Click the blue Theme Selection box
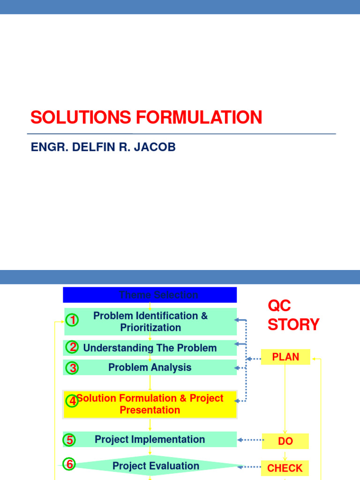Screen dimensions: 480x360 click(150, 295)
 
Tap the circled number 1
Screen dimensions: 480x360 click(72, 320)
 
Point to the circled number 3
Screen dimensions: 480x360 click(72, 368)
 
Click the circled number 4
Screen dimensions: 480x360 click(72, 401)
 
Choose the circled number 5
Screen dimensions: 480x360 click(69, 440)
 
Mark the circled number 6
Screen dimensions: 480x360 click(69, 464)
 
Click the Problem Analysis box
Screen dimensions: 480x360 click(150, 367)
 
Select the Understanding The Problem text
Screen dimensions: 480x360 click(150, 348)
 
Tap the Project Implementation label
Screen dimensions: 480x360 click(150, 439)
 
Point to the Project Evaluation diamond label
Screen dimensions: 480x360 click(156, 465)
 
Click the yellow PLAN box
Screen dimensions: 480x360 click(285, 357)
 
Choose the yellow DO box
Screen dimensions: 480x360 click(285, 441)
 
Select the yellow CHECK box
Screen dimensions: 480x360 click(285, 468)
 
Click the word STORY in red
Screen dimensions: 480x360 click(293, 324)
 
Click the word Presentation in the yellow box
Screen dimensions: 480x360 click(150, 410)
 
